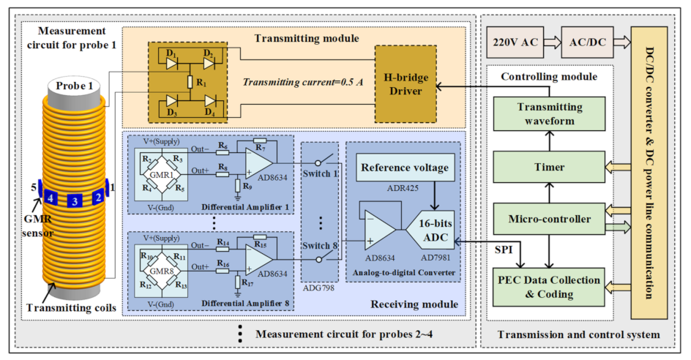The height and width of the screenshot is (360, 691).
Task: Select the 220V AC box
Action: [x=516, y=44]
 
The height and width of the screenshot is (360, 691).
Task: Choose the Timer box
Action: [x=550, y=167]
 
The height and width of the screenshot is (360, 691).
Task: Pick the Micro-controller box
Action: [x=550, y=219]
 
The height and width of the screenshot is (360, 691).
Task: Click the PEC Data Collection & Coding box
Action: [x=550, y=286]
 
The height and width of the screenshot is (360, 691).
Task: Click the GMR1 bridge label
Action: [x=162, y=175]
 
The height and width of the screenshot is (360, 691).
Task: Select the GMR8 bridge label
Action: [x=162, y=269]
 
